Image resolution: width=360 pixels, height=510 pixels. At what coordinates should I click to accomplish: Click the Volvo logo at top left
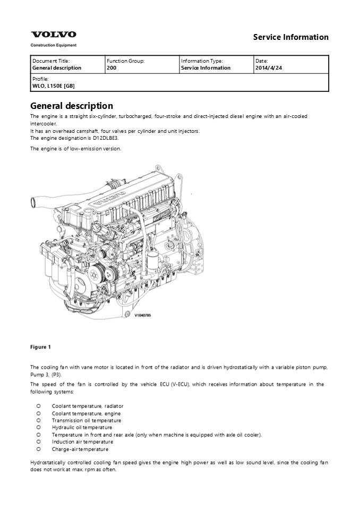tap(53, 35)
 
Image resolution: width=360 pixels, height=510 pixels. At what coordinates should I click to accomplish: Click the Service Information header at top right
tap(290, 37)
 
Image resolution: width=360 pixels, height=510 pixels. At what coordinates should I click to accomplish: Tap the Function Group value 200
tap(112, 68)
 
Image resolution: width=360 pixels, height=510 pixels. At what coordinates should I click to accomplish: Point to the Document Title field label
tap(51, 61)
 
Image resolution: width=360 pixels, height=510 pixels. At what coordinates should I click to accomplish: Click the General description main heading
tap(72, 106)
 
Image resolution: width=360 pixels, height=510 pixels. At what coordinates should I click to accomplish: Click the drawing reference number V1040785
tap(143, 315)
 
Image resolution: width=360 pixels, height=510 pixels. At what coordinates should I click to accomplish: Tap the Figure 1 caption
tap(41, 347)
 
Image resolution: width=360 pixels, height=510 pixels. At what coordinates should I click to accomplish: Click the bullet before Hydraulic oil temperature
tap(39, 427)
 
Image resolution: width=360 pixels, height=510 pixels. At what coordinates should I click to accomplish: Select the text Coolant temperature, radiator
tap(88, 406)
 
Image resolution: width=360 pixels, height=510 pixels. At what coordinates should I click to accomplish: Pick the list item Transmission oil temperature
tap(87, 420)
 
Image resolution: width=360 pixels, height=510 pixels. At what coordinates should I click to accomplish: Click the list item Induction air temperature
tap(82, 441)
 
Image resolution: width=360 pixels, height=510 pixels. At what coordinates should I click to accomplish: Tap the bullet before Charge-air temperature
tap(39, 449)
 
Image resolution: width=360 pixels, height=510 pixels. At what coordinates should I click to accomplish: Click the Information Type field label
tap(202, 61)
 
